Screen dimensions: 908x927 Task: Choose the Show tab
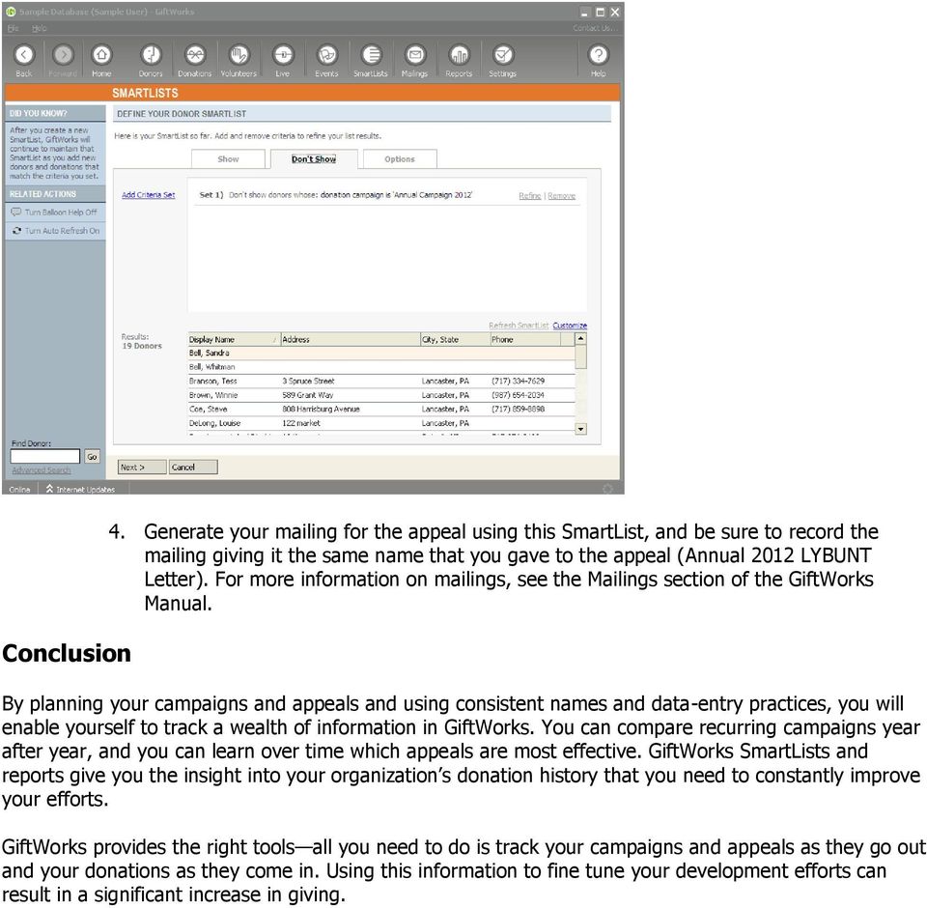(228, 159)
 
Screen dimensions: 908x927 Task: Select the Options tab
(400, 159)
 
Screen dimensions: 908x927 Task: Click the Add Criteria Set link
(148, 195)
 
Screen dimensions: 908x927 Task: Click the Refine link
(530, 196)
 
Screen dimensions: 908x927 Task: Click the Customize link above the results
(570, 326)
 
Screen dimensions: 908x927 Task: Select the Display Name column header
(212, 340)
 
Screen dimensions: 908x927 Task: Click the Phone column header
(502, 340)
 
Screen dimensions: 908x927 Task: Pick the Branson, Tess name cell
(212, 382)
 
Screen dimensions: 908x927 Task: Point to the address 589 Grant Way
(308, 395)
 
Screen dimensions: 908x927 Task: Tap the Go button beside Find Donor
(92, 457)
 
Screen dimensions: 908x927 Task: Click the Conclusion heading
(67, 654)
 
